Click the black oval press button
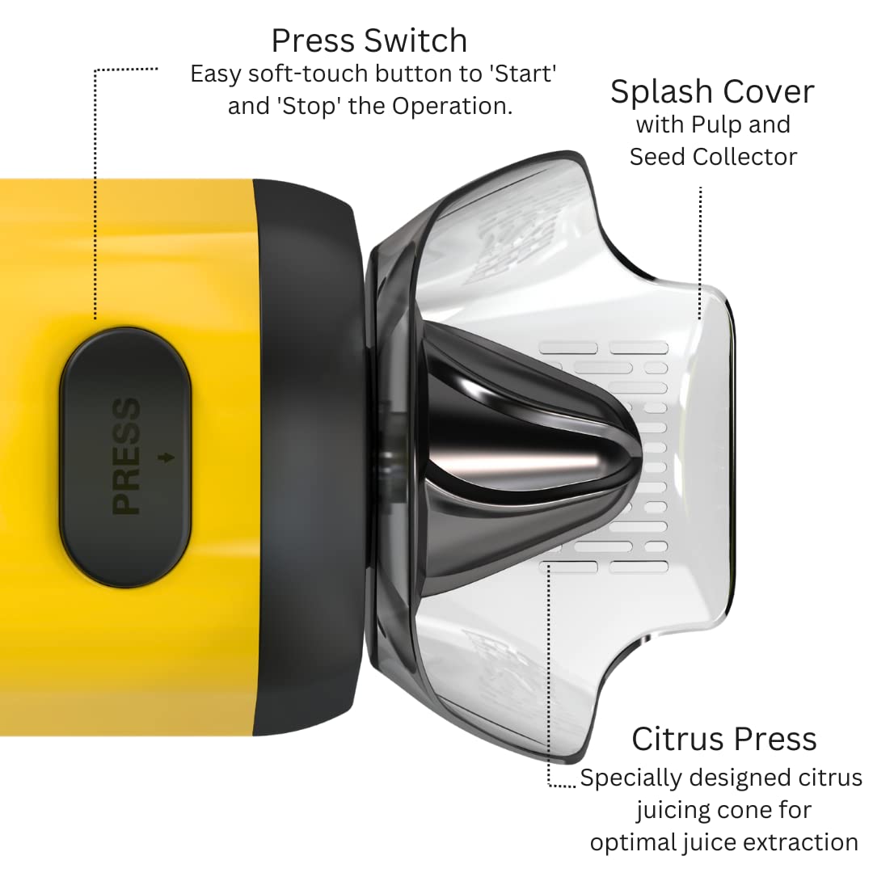click(125, 457)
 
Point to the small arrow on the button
click(166, 458)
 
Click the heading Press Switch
click(369, 40)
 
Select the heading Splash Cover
click(712, 91)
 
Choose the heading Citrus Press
click(723, 739)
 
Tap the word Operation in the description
click(452, 106)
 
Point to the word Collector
click(745, 157)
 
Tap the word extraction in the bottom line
click(803, 842)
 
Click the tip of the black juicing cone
click(640, 457)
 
